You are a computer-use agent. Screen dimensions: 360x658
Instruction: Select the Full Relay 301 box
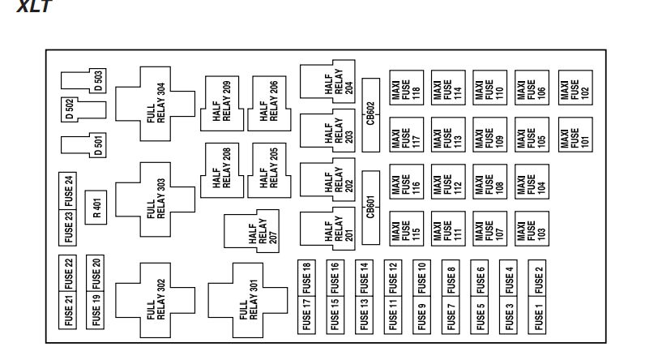(247, 300)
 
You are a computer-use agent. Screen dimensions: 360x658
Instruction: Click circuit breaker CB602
(370, 115)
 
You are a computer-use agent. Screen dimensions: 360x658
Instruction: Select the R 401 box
(96, 209)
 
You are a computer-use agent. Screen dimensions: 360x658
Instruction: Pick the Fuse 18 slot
(307, 278)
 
